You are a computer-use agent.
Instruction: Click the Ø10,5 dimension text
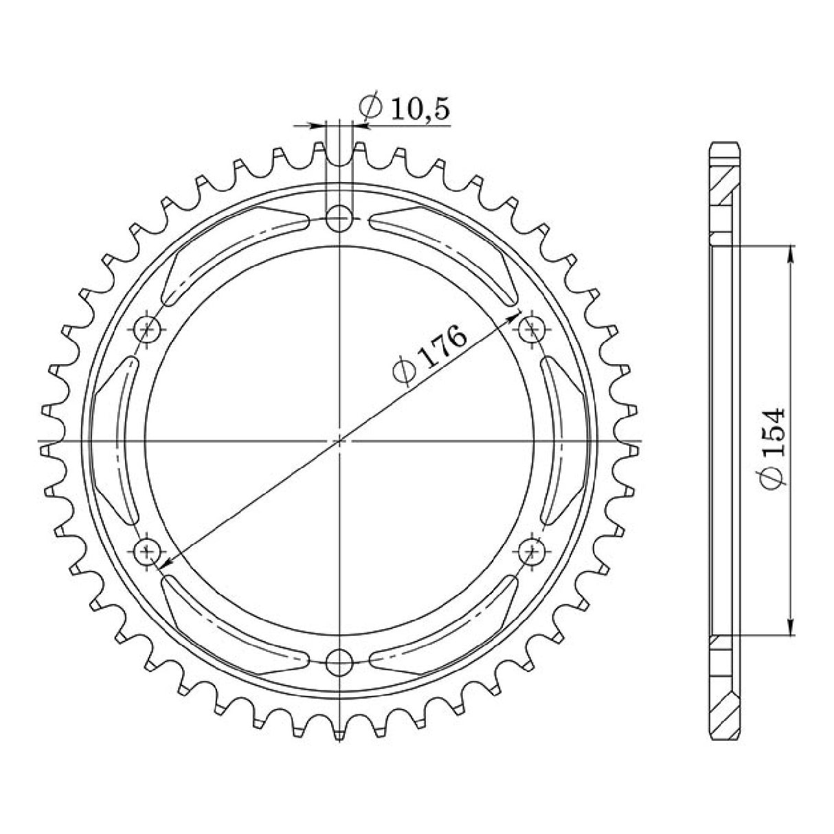405,108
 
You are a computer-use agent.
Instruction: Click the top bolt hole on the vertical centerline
339,220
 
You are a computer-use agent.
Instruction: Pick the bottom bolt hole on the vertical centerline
339,662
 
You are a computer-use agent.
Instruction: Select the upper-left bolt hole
148,330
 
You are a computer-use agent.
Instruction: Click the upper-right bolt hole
530,330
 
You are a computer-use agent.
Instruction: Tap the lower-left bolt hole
148,550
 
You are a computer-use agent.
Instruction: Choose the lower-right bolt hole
530,550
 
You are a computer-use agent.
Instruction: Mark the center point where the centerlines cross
339,440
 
